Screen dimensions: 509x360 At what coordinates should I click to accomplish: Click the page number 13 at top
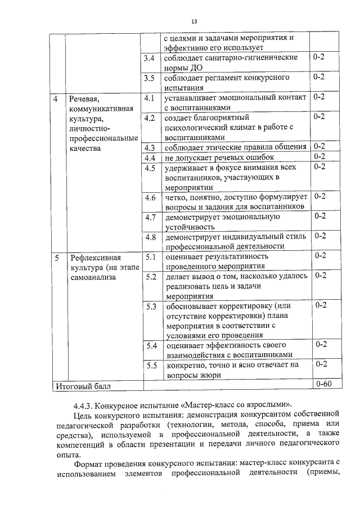pos(193,21)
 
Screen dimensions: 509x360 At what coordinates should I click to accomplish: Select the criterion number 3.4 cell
pos(150,58)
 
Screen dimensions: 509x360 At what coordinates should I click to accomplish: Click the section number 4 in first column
pos(55,98)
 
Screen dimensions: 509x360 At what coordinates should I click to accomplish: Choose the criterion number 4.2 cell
pos(150,118)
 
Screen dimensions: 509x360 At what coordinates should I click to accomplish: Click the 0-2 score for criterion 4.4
pos(319,156)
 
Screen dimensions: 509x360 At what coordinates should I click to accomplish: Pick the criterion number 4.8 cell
pos(150,236)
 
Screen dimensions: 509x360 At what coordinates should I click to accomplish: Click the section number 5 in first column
pos(56,257)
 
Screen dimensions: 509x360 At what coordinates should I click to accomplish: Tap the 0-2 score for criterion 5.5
pos(321,364)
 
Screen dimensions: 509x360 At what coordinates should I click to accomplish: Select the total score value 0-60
pos(323,385)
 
